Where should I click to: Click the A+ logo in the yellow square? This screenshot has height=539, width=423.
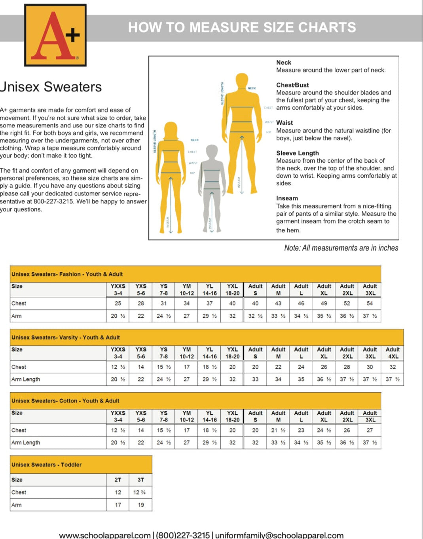[55, 35]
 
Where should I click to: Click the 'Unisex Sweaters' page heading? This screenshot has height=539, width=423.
[51, 87]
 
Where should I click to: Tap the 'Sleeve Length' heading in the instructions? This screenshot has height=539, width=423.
[297, 153]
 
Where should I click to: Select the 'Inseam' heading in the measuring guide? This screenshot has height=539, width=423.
[287, 198]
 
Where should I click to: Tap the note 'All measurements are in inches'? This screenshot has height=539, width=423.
[341, 248]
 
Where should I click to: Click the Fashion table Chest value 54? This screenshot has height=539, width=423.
[370, 304]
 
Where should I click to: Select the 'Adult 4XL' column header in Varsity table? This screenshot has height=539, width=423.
[393, 353]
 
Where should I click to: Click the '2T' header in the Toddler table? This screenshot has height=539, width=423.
[118, 480]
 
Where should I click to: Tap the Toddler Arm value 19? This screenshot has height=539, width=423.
[141, 505]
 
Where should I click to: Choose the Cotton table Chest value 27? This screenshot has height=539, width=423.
[370, 430]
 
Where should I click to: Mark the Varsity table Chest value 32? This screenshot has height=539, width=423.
[393, 367]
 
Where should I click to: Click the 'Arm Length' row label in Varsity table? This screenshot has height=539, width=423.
[26, 379]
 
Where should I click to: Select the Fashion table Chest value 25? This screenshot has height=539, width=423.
[118, 304]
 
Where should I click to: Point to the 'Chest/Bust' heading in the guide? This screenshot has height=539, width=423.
[292, 85]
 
